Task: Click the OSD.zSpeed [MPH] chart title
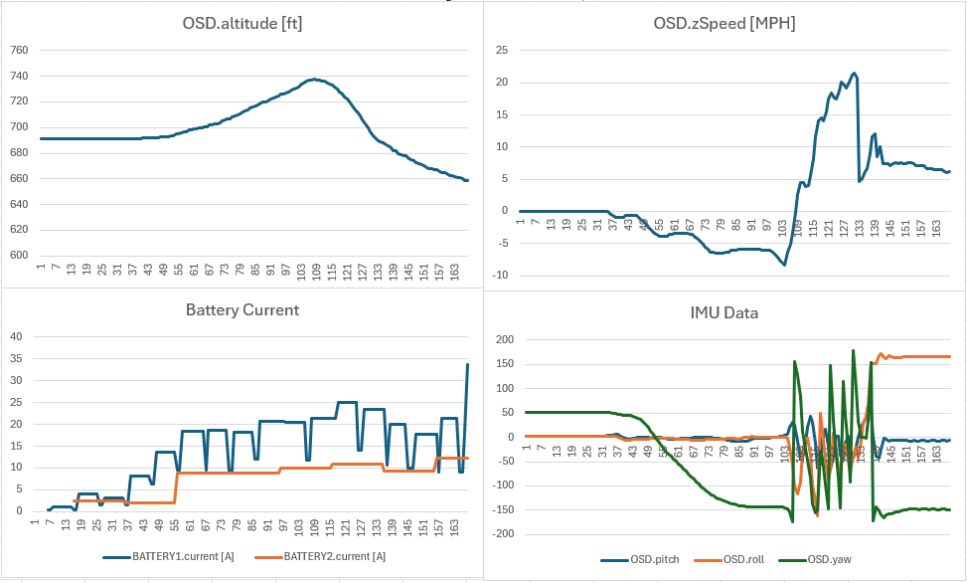726,24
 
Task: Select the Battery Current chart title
242,310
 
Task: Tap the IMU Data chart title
724,312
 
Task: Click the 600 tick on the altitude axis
18,255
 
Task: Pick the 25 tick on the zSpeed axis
501,50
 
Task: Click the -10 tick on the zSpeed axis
499,275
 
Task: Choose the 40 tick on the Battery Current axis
17,336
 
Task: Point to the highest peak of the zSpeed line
854,73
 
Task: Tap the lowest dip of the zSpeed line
784,264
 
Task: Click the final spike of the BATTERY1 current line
468,364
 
